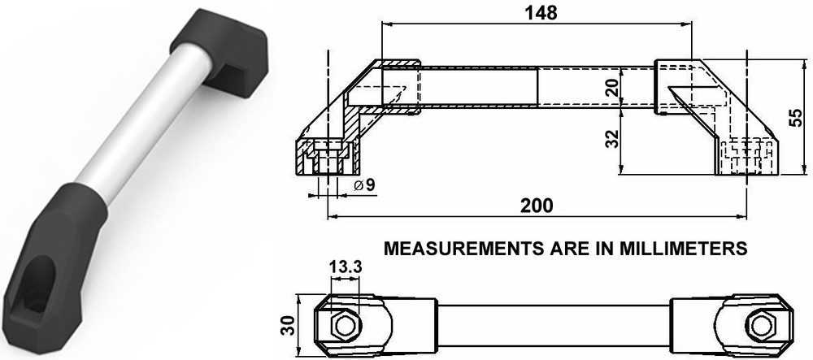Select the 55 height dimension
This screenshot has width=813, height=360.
tap(800, 118)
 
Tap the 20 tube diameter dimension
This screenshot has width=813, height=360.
tap(615, 86)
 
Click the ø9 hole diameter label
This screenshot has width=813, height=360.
tap(365, 186)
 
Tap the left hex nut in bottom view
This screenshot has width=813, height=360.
tap(344, 326)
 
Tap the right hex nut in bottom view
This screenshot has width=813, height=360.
tap(761, 326)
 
